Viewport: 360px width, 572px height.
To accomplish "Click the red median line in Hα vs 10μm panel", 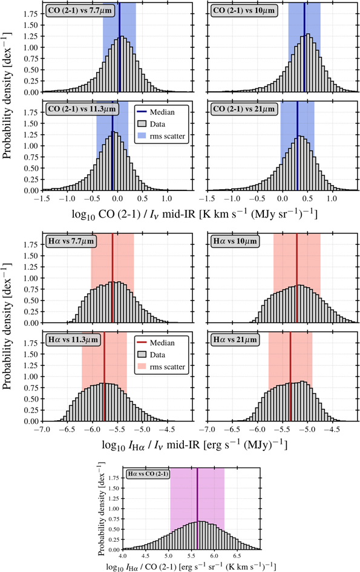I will point(296,278).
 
